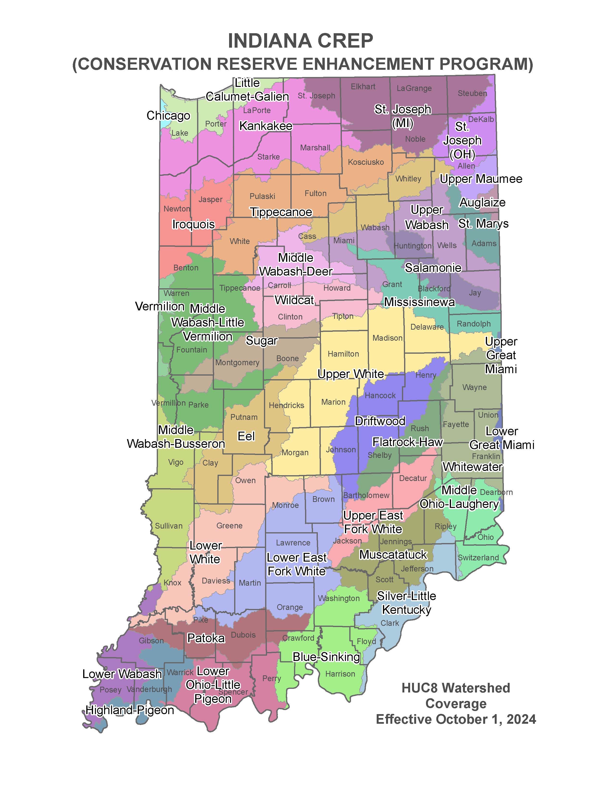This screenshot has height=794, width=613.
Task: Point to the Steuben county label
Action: point(472,93)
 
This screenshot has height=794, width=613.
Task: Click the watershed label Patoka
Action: point(206,638)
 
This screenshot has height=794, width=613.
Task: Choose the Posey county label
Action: point(110,690)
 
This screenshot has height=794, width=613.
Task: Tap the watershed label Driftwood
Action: point(380,421)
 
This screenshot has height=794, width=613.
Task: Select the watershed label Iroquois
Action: point(193,224)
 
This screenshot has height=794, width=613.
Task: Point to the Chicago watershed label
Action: point(168,115)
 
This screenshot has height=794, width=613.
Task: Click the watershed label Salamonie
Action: point(433,268)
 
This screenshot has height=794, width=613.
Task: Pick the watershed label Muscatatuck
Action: point(393,555)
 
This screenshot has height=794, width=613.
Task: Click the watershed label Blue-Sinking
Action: point(326,657)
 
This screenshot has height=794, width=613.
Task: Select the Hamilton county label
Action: point(343,354)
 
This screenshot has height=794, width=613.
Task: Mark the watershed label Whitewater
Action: point(472,467)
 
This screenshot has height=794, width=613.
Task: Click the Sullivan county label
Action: point(169,526)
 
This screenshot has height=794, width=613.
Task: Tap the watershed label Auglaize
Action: point(482,203)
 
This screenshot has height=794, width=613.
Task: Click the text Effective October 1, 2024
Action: point(456,719)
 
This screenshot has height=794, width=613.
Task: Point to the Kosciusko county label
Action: point(366,162)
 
